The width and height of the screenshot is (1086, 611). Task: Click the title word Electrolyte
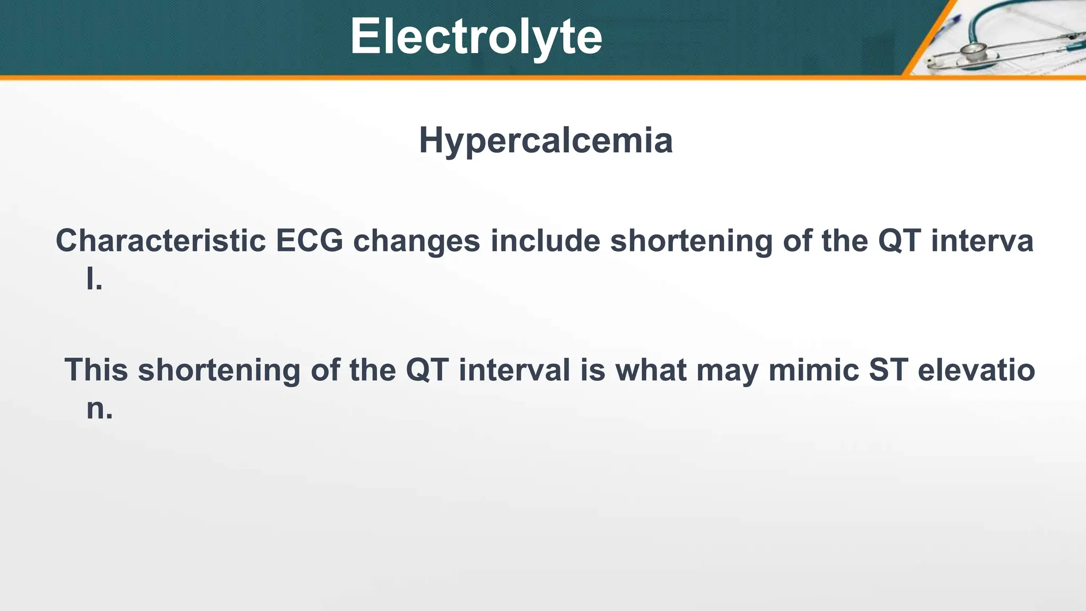pyautogui.click(x=476, y=36)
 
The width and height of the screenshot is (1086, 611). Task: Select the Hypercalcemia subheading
pyautogui.click(x=546, y=141)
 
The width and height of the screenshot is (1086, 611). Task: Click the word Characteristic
pyautogui.click(x=160, y=241)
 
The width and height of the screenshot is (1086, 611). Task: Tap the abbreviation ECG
pyautogui.click(x=309, y=241)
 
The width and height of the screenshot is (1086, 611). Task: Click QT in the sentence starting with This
pyautogui.click(x=427, y=370)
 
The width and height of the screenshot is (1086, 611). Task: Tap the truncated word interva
pyautogui.click(x=982, y=241)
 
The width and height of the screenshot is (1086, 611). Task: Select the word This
pyautogui.click(x=96, y=370)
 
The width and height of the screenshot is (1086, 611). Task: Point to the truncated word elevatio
pyautogui.click(x=976, y=370)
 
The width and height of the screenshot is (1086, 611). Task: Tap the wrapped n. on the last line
pyautogui.click(x=99, y=408)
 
